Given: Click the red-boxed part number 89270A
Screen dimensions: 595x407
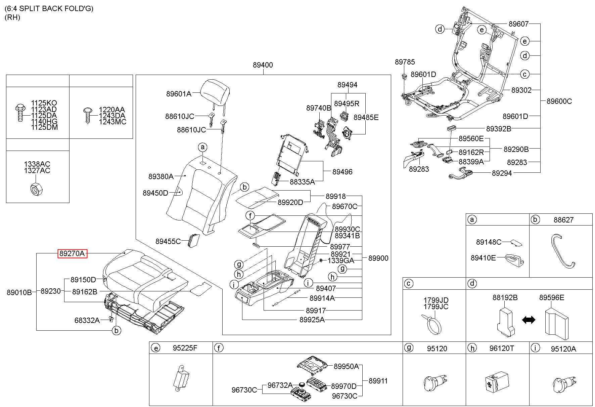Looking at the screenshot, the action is (72, 253).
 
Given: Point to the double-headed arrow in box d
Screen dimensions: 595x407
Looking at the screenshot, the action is (529, 320).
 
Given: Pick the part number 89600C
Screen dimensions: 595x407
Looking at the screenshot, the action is (559, 101).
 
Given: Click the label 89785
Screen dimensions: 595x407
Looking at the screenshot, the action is (405, 62).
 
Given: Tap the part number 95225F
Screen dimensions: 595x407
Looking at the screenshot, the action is (185, 348).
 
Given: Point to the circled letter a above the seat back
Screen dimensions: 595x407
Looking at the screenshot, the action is (202, 147).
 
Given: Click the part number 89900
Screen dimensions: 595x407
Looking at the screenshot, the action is (378, 258).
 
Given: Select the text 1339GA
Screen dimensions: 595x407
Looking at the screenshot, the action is (340, 260).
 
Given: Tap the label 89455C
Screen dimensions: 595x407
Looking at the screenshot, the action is (168, 241).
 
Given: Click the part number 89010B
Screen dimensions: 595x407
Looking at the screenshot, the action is (19, 292).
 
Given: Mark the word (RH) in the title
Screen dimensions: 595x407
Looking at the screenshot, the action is (12, 17).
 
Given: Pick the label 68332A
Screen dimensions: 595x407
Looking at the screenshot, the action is (87, 320).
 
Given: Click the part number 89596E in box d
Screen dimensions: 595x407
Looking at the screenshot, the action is (552, 297).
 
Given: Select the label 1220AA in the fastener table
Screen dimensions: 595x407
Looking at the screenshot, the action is (111, 110).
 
